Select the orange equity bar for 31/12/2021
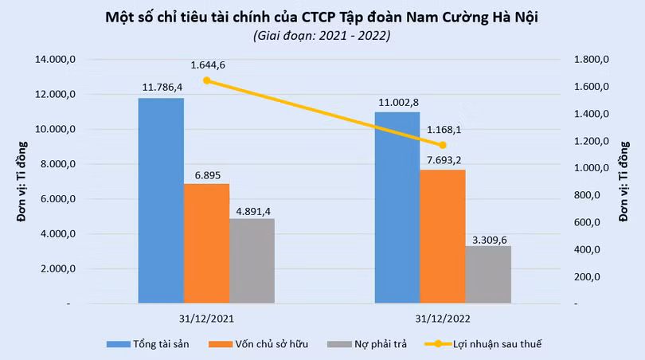[206, 244]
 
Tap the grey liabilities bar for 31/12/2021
[252, 261]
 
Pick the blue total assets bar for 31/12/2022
[397, 208]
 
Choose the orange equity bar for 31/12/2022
[442, 237]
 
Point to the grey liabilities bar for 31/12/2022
[487, 275]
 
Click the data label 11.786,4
[162, 86]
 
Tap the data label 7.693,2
[443, 160]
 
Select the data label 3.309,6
[488, 237]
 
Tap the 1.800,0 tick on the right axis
[591, 60]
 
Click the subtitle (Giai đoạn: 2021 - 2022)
[322, 36]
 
